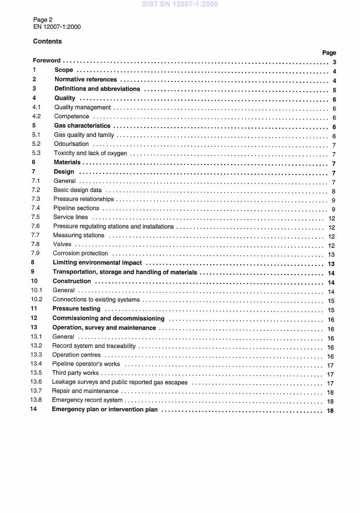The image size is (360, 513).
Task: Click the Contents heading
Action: (x=47, y=42)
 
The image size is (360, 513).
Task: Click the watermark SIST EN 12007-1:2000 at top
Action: (x=180, y=5)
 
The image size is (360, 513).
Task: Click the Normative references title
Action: (x=85, y=80)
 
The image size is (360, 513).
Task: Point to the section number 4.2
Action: (x=36, y=117)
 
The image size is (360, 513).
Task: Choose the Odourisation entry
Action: (x=71, y=144)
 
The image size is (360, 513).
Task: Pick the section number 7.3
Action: (x=36, y=199)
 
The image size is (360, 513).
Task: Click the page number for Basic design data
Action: (x=332, y=190)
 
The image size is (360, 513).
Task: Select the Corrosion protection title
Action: (x=80, y=254)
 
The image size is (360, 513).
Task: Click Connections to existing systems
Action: (x=97, y=300)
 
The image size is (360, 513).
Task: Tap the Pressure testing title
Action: (x=77, y=309)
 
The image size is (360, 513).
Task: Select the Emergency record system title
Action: (x=86, y=401)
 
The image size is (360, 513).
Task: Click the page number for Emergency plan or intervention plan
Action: (x=331, y=410)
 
